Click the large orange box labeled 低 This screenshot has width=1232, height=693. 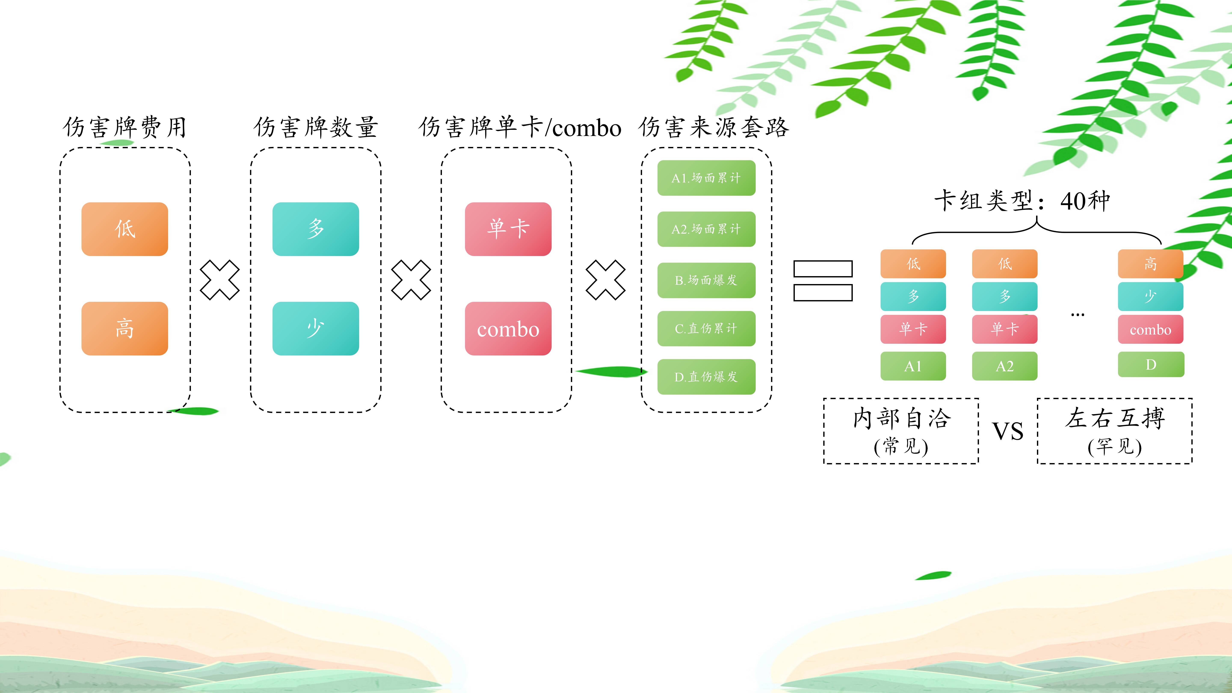pyautogui.click(x=125, y=229)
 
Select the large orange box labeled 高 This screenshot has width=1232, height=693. pyautogui.click(x=125, y=329)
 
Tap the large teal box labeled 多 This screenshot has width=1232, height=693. pyautogui.click(x=316, y=229)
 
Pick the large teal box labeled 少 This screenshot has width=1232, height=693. pyautogui.click(x=316, y=329)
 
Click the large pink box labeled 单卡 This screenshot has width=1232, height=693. pyautogui.click(x=508, y=229)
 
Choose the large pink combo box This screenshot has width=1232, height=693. pyautogui.click(x=508, y=329)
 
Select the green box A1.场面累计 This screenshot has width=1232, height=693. pyautogui.click(x=706, y=178)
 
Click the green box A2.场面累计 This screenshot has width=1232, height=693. pyautogui.click(x=706, y=229)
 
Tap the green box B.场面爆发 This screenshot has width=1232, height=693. pyautogui.click(x=706, y=280)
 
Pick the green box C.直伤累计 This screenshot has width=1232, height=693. pyautogui.click(x=706, y=329)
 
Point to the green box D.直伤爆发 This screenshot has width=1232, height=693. pyautogui.click(x=706, y=377)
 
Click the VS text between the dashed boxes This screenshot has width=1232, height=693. pyautogui.click(x=1008, y=431)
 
